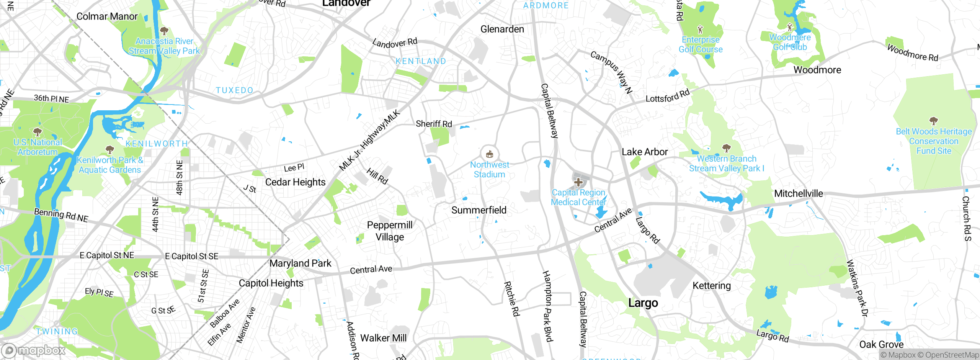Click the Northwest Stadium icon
pyautogui.click(x=489, y=155)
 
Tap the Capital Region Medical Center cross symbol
pyautogui.click(x=578, y=182)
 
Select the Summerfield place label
pyautogui.click(x=479, y=210)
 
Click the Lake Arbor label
pyautogui.click(x=645, y=152)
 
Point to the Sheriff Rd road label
pyautogui.click(x=434, y=124)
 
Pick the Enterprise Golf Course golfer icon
pyautogui.click(x=701, y=29)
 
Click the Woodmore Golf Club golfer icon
pyautogui.click(x=790, y=27)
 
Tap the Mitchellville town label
pyautogui.click(x=798, y=193)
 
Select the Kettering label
pyautogui.click(x=712, y=286)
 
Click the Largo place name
pyautogui.click(x=643, y=303)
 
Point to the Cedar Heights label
pyautogui.click(x=295, y=182)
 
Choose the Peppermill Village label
pyautogui.click(x=390, y=231)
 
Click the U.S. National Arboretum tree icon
pyautogui.click(x=38, y=132)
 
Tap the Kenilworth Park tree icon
pyautogui.click(x=110, y=149)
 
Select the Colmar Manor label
pyautogui.click(x=107, y=16)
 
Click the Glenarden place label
pyautogui.click(x=502, y=29)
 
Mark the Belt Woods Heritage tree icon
pyautogui.click(x=934, y=121)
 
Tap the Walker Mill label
pyautogui.click(x=384, y=338)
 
